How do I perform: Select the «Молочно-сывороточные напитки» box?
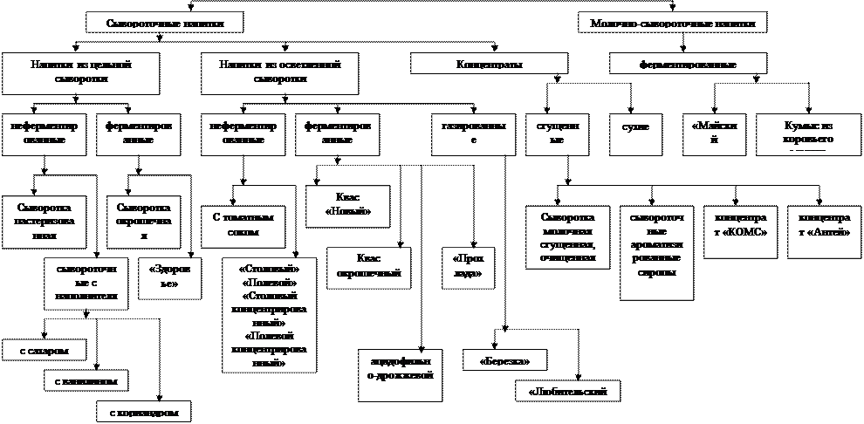pyautogui.click(x=672, y=24)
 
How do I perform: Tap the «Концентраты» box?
pyautogui.click(x=490, y=65)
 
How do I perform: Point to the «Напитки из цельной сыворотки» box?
pyautogui.click(x=81, y=72)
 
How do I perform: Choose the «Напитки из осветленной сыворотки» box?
pyautogui.click(x=279, y=72)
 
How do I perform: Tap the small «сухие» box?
pyautogui.click(x=634, y=128)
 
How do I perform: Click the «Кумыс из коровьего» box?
pyautogui.click(x=808, y=133)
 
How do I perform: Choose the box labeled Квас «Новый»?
pyautogui.click(x=346, y=205)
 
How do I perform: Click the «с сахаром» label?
pyautogui.click(x=45, y=351)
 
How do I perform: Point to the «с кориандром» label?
pyautogui.click(x=142, y=411)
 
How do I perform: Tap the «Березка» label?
pyautogui.click(x=500, y=360)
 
